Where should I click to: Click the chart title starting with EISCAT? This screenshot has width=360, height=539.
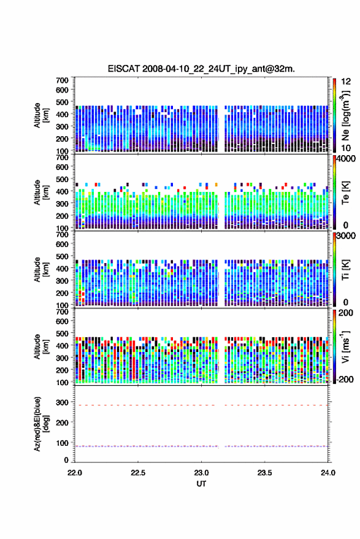pos(201,69)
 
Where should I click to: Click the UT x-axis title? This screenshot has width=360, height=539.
pos(201,484)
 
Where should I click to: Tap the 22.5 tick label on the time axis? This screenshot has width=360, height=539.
pos(138,473)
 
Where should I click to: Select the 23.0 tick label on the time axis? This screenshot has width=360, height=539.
pos(201,473)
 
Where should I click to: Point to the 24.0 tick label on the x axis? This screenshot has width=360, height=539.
pos(328,473)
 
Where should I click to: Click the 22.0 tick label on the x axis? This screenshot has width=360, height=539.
pos(75,473)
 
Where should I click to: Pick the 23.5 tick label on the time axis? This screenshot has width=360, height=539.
pos(264,473)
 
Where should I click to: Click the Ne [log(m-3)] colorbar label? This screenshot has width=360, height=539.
pos(345,115)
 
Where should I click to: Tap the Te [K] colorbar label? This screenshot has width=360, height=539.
pos(345,193)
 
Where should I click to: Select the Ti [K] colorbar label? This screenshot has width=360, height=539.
pos(345,270)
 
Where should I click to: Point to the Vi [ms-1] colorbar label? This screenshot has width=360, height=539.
pos(345,346)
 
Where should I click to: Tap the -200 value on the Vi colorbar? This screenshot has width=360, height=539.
pos(345,379)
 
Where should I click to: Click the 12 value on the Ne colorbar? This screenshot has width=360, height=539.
pos(346,82)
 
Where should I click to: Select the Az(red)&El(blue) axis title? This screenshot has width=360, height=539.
pos(41,424)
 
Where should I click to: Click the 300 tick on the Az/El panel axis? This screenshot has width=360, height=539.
pos(62,402)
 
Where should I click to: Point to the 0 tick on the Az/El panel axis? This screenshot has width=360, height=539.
pos(66,460)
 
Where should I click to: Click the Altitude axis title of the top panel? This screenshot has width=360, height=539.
pos(41,115)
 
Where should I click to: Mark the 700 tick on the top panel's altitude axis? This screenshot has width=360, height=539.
pos(62,80)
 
